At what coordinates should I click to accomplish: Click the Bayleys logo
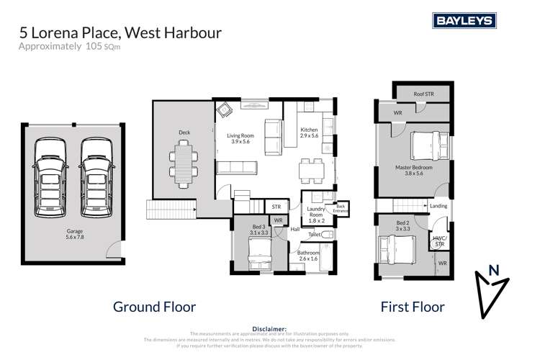[463, 22]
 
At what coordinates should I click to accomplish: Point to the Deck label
[184, 132]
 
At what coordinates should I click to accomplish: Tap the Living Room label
[240, 139]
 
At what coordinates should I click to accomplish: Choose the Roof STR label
[423, 94]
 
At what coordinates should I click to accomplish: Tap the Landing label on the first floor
[438, 207]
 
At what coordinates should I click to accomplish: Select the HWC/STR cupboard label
[438, 240]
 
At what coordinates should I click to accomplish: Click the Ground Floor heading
[155, 307]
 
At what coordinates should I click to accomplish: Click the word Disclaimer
[270, 328]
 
